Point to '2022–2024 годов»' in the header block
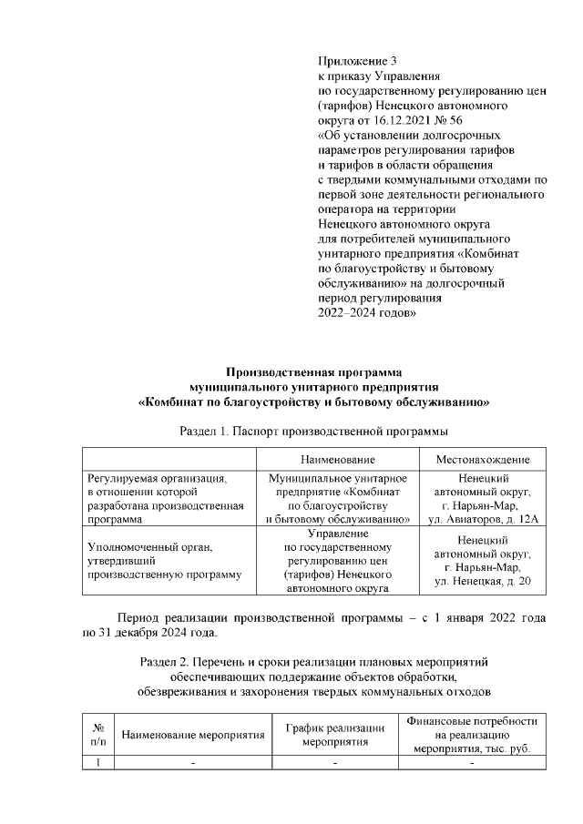point(367,312)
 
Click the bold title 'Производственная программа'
point(313,371)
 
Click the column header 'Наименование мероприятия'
point(192,735)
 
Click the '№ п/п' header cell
point(97,735)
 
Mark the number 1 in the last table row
point(97,763)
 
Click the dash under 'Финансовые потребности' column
point(471,763)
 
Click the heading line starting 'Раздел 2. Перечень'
point(314,662)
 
